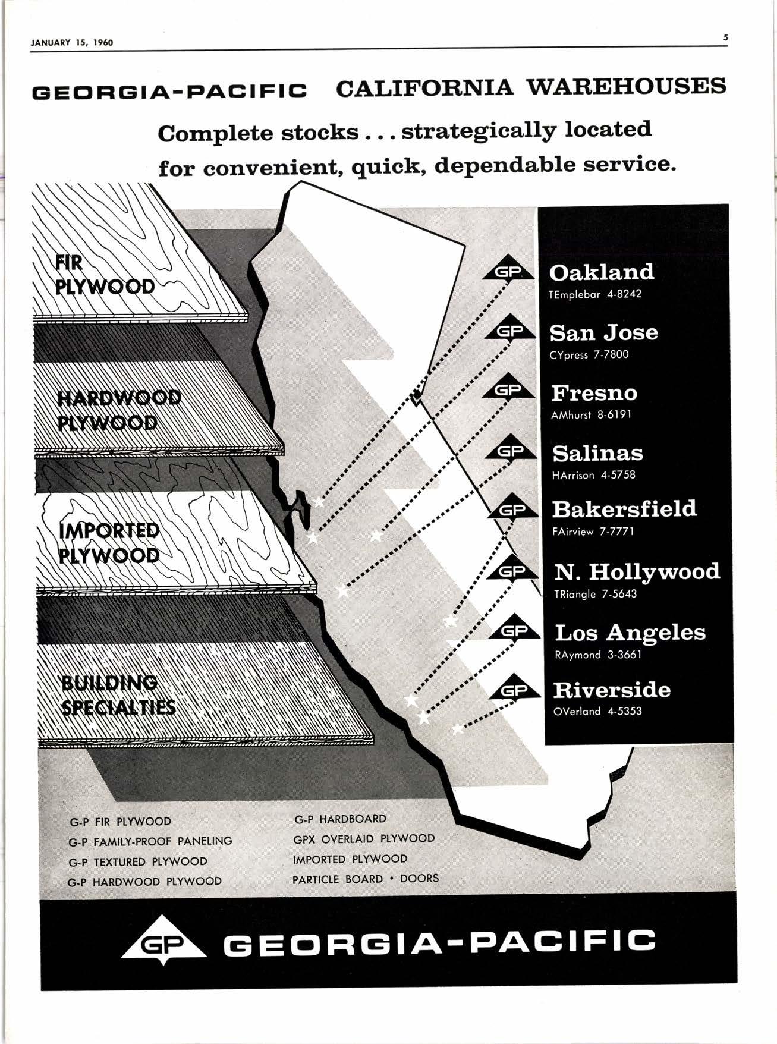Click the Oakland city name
pyautogui.click(x=601, y=272)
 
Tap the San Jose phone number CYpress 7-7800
pyautogui.click(x=589, y=355)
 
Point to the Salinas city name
pyautogui.click(x=597, y=454)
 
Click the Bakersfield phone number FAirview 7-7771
pyautogui.click(x=593, y=532)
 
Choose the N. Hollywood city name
pyautogui.click(x=637, y=572)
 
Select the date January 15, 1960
pyautogui.click(x=71, y=42)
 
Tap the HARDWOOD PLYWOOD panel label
pyautogui.click(x=119, y=410)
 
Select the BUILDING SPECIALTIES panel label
pyautogui.click(x=118, y=695)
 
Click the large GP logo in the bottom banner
pyautogui.click(x=164, y=942)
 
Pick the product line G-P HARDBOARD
pyautogui.click(x=340, y=819)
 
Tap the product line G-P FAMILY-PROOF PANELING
pyautogui.click(x=150, y=841)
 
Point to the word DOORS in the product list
pyautogui.click(x=419, y=879)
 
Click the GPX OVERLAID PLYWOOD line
pyautogui.click(x=364, y=839)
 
